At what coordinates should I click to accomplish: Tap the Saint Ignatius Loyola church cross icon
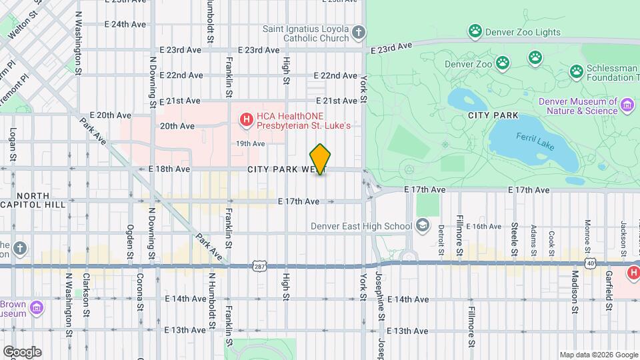359,33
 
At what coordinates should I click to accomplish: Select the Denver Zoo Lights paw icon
475,30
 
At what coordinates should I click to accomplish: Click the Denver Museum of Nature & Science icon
627,105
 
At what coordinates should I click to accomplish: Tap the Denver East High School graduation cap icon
421,226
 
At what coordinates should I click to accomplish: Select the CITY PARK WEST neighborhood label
280,170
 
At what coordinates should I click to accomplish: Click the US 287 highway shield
259,266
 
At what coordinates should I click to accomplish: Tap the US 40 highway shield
591,265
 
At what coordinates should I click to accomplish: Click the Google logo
21,352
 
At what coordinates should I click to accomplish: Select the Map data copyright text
598,355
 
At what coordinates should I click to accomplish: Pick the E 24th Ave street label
125,24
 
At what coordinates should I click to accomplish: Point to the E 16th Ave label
483,227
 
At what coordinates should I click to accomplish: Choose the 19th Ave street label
251,143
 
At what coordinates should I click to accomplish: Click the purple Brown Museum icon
37,308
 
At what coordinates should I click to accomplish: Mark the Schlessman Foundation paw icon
577,71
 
